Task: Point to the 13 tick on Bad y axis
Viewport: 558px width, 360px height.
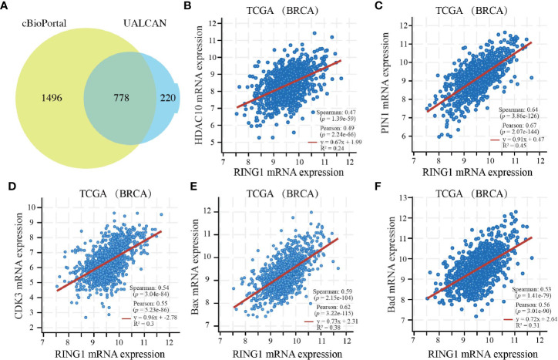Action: tap(403, 200)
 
